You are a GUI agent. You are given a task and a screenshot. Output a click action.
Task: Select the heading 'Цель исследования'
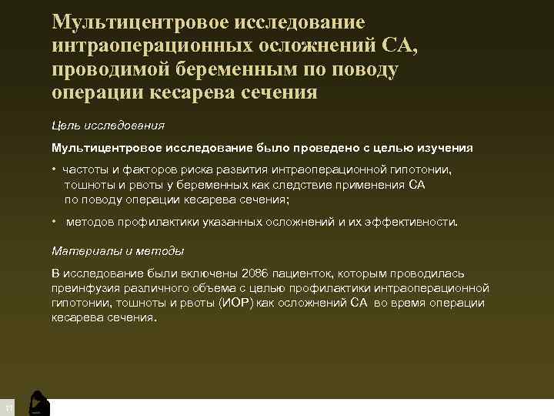(x=108, y=125)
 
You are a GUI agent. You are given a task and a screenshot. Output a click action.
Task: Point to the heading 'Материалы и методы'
(x=118, y=251)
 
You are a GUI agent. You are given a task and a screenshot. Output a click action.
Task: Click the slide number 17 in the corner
(x=7, y=407)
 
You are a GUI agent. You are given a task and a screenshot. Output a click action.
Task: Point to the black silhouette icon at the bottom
(x=38, y=403)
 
